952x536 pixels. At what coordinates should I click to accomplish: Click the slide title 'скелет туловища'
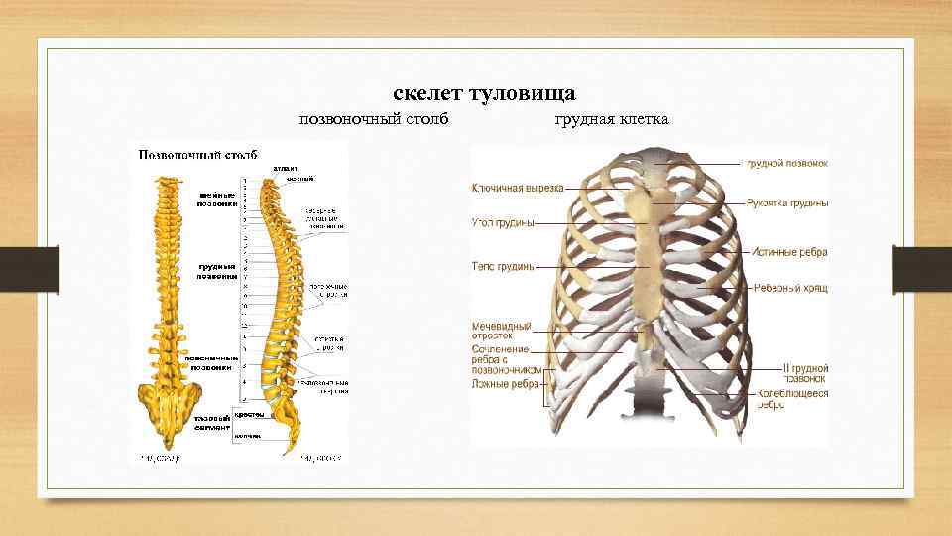coord(485,94)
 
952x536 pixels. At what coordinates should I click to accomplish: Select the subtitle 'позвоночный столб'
coord(374,120)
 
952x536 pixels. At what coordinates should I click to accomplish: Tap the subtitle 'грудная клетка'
coord(612,120)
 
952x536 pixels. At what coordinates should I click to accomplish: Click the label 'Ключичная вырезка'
coord(517,187)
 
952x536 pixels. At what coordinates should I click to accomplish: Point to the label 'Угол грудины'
coord(503,223)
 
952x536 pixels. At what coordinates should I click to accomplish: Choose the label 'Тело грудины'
coord(504,266)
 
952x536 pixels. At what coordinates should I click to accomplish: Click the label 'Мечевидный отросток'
coord(501,331)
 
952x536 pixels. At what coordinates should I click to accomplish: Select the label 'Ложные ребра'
coord(505,383)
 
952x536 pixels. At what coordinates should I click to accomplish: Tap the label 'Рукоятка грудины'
coord(787,203)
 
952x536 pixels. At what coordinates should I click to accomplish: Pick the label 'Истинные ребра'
coord(789,253)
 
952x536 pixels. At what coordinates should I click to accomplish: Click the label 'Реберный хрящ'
coord(790,288)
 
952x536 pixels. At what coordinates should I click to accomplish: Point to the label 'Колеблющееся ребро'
coord(792,399)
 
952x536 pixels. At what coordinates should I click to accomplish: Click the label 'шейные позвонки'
coord(217,200)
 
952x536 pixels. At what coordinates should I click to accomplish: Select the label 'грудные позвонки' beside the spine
coord(217,271)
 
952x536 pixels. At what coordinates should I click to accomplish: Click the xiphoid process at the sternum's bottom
coord(648,337)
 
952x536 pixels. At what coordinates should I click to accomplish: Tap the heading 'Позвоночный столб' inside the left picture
coord(197,156)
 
